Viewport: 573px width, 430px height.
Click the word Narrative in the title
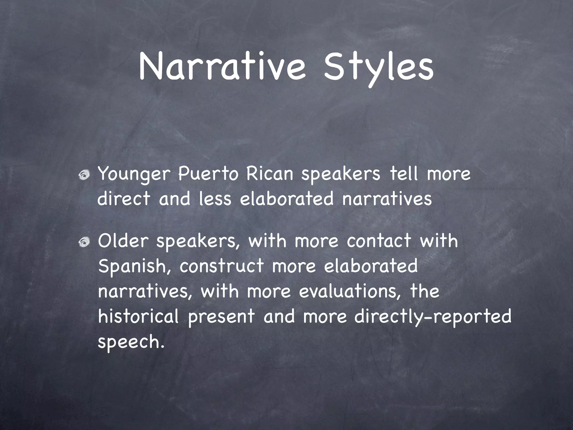click(x=223, y=67)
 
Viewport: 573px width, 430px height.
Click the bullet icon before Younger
click(x=84, y=176)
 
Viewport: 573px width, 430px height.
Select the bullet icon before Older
click(x=84, y=242)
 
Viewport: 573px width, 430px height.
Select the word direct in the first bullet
click(x=124, y=198)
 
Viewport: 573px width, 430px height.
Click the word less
click(x=215, y=198)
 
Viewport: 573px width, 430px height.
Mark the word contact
click(x=379, y=241)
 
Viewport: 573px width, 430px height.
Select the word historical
click(x=138, y=317)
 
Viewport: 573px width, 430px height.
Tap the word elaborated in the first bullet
click(x=287, y=198)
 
